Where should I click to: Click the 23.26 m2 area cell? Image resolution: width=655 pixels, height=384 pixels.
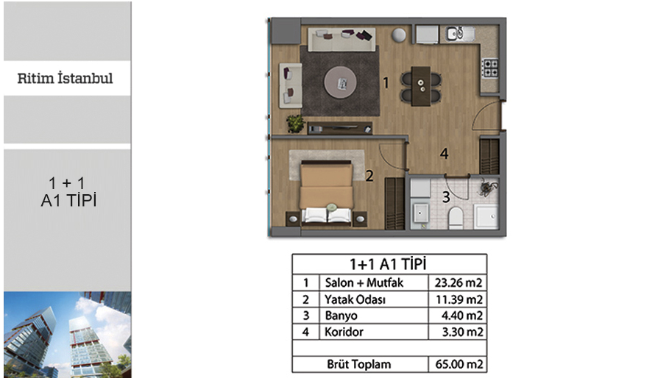[458, 282]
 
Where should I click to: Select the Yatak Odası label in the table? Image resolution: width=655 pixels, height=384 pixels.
[355, 299]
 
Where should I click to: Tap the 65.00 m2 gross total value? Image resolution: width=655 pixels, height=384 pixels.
[458, 364]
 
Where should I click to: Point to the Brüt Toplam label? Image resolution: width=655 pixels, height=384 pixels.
[359, 364]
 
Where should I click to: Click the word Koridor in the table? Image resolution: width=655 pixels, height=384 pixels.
[344, 332]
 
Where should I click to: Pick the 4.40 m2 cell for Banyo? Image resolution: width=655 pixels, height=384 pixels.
[461, 316]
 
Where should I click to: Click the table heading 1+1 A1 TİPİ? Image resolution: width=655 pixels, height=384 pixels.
[388, 264]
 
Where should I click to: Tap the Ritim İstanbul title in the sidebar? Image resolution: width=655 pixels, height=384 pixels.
[65, 78]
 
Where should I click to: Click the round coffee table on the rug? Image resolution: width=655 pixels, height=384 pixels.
[341, 82]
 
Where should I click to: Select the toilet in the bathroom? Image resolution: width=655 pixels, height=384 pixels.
[456, 218]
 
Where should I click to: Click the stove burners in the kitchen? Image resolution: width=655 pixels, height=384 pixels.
[489, 68]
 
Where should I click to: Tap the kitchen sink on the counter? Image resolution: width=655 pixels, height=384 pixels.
[459, 33]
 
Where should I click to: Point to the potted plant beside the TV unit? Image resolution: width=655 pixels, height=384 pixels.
[296, 124]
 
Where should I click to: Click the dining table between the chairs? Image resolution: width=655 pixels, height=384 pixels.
[421, 86]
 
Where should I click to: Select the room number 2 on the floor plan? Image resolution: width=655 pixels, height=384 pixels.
[369, 176]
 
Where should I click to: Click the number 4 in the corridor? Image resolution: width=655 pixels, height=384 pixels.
[444, 154]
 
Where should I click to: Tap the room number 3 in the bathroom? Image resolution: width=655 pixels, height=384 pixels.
[446, 196]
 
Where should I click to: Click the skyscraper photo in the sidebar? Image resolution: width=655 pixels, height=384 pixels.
[68, 335]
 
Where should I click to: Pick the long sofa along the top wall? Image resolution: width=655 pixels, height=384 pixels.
[341, 39]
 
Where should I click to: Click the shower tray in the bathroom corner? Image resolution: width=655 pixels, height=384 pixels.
[486, 216]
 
